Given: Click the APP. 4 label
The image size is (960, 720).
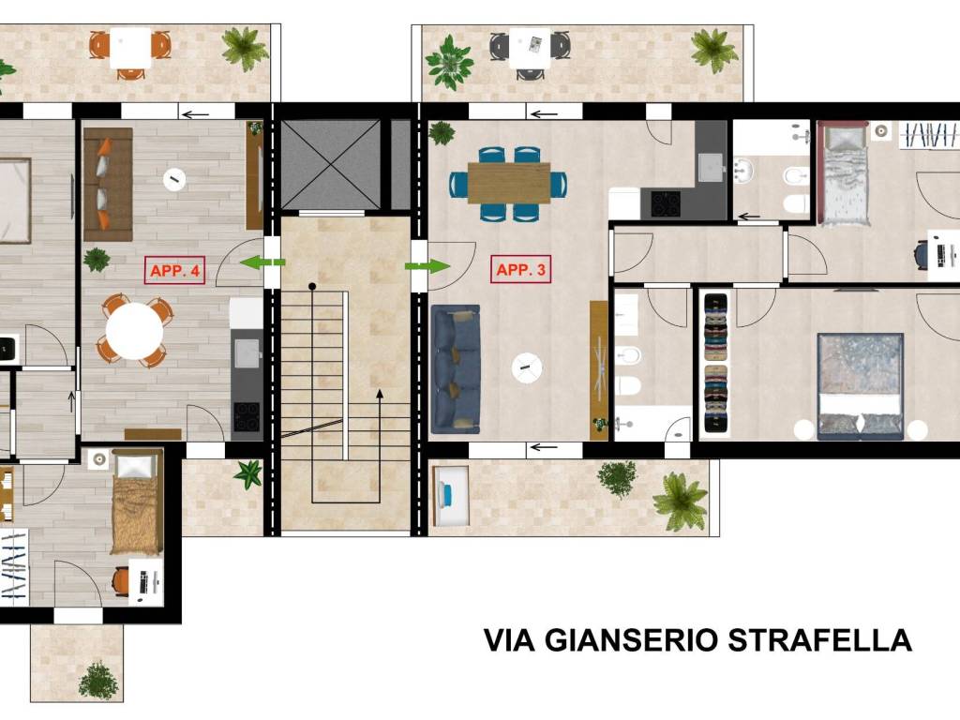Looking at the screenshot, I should click(x=174, y=271).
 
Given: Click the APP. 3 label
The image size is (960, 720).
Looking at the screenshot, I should click(x=521, y=270).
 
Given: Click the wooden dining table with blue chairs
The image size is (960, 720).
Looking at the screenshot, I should click(x=508, y=183).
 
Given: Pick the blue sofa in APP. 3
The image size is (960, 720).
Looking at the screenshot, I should click(x=455, y=368).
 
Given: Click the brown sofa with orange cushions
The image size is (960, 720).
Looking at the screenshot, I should click(x=107, y=184).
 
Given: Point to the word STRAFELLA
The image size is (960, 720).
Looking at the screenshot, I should click(x=819, y=640).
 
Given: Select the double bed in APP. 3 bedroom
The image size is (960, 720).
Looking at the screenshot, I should click(x=860, y=385).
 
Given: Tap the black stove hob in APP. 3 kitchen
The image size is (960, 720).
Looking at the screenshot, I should click(x=665, y=203).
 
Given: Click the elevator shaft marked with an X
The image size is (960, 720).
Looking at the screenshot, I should click(x=331, y=164).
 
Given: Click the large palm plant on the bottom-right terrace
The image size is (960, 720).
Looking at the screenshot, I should click(x=681, y=499).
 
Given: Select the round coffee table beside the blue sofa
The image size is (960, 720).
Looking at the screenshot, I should click(x=527, y=367).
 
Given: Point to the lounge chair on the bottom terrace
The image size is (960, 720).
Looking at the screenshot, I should click(x=451, y=495).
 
